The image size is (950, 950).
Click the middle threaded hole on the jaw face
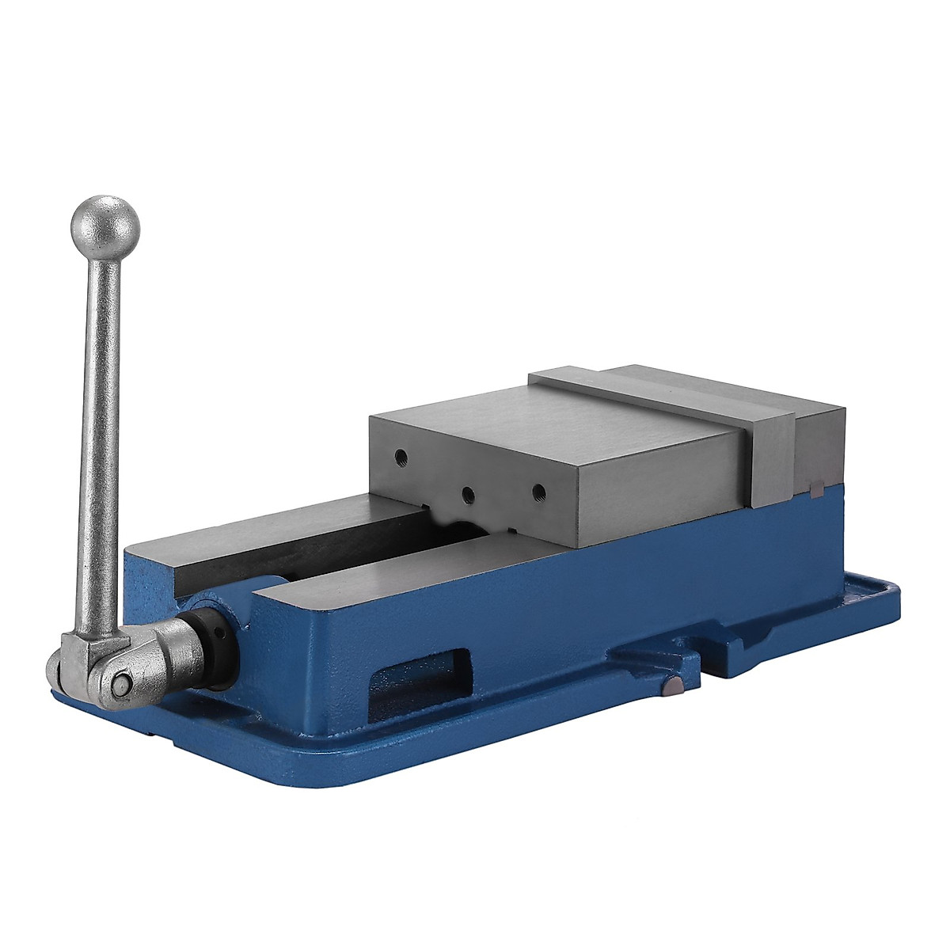coord(468,496)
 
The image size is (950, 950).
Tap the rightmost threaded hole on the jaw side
coord(538,491)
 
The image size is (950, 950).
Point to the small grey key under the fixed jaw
coord(815,491)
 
